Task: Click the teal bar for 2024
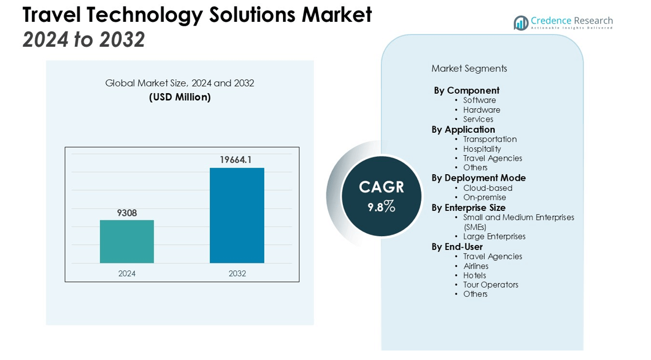coord(127,241)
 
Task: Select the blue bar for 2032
coord(237,215)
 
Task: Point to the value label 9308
coord(127,213)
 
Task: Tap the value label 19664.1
coord(236,160)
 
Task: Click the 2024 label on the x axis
coord(127,273)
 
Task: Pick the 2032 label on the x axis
coord(237,273)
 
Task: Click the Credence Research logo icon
coord(521,23)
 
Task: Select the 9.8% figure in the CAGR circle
coord(381,207)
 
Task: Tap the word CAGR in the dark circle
coord(381,187)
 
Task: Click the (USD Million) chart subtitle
coord(180,97)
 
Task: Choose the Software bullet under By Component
coord(479,100)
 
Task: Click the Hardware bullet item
coord(481,110)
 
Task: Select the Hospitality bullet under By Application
coord(482,149)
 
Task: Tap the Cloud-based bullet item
coord(487,188)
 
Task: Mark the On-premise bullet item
coord(485,198)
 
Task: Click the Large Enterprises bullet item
coord(494,237)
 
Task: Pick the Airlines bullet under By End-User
coord(476,266)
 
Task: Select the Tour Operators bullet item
coord(490,285)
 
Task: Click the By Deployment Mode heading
coord(478,178)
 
